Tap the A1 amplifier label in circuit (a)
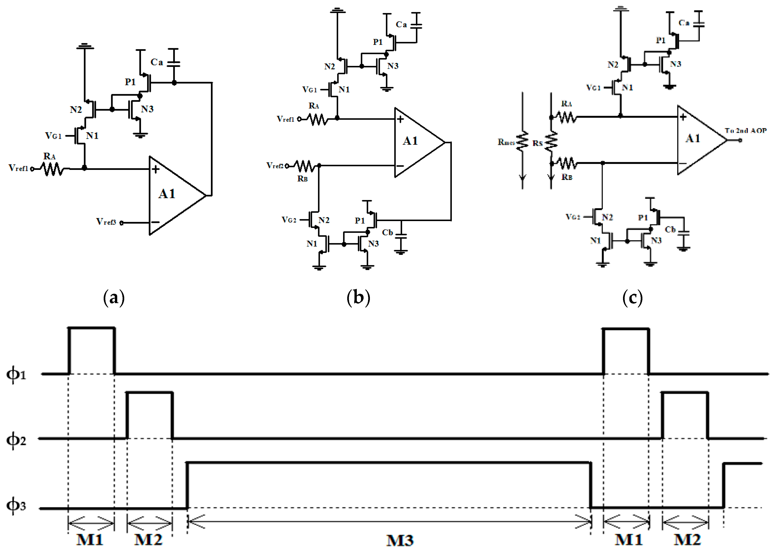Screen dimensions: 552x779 pyautogui.click(x=167, y=194)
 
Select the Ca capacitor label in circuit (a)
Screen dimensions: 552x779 pyautogui.click(x=156, y=62)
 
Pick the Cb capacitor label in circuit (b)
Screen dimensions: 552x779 pyautogui.click(x=387, y=233)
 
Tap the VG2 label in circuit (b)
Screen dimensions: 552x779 pyautogui.click(x=289, y=220)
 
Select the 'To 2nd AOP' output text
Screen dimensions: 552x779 pyautogui.click(x=746, y=131)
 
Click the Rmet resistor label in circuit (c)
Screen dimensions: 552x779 pyautogui.click(x=506, y=142)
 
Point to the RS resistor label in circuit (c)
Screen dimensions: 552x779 pyautogui.click(x=538, y=143)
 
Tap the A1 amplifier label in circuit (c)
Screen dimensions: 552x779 pyautogui.click(x=693, y=138)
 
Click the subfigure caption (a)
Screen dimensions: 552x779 pyautogui.click(x=114, y=298)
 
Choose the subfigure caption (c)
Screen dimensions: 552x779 pyautogui.click(x=632, y=298)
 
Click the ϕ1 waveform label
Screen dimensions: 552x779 pyautogui.click(x=16, y=375)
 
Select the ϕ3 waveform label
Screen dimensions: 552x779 pyautogui.click(x=16, y=506)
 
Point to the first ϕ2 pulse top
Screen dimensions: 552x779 pyautogui.click(x=150, y=393)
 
